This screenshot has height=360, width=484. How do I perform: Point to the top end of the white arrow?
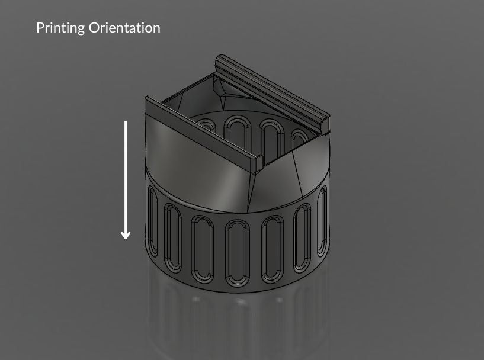tap(126, 122)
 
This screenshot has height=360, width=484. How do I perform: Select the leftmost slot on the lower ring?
tap(153, 221)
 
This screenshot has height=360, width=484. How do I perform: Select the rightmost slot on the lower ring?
tap(323, 221)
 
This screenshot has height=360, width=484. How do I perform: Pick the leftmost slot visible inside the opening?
tap(206, 125)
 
